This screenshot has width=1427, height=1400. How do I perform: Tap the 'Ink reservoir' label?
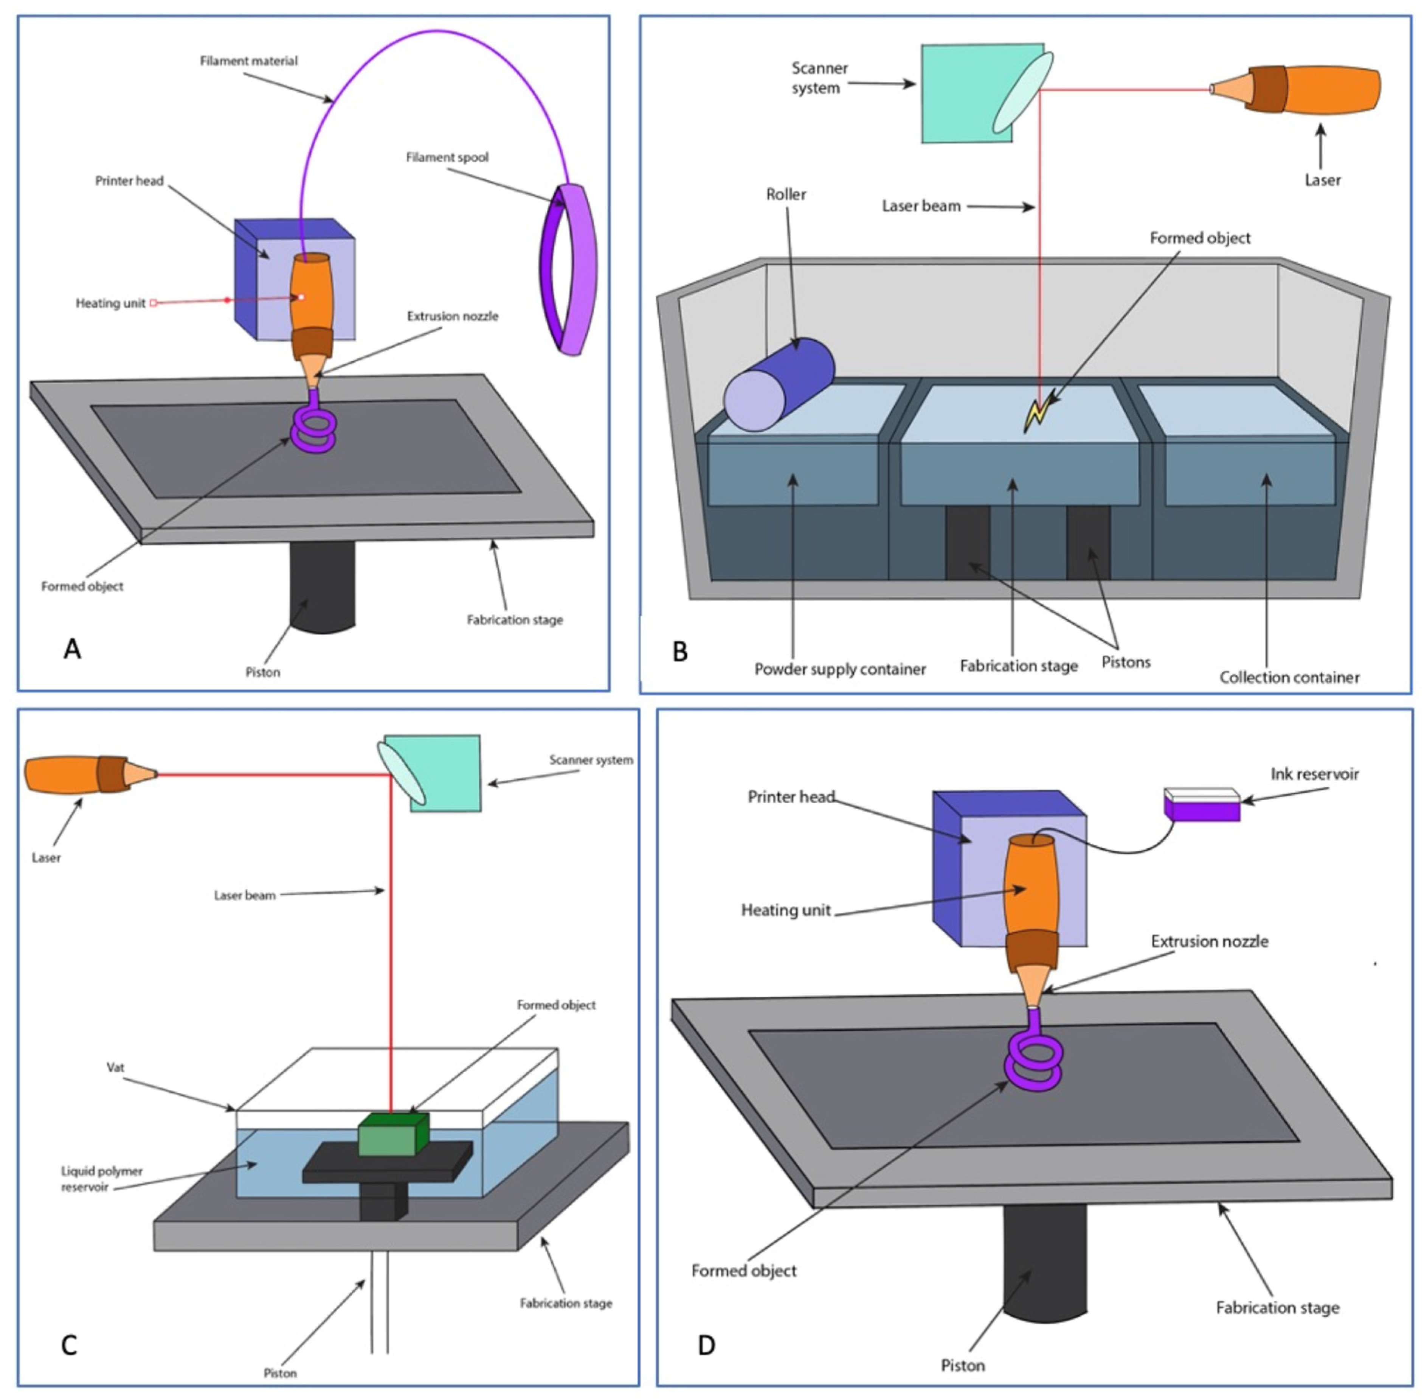tap(1315, 773)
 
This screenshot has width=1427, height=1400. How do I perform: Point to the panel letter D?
tap(706, 1345)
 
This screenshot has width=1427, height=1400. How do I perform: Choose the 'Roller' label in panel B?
tap(785, 194)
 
